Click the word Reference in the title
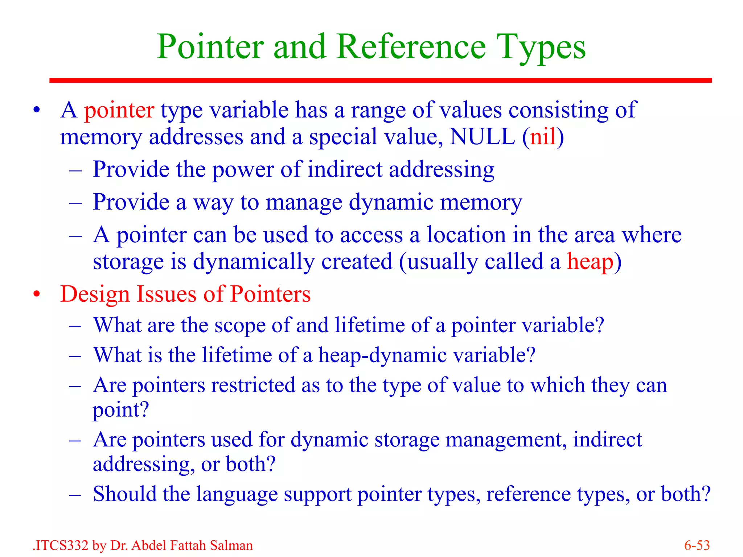pyautogui.click(x=411, y=47)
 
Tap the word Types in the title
pyautogui.click(x=541, y=47)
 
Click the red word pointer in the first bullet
pyautogui.click(x=119, y=110)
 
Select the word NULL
pyautogui.click(x=482, y=137)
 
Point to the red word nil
pyautogui.click(x=543, y=137)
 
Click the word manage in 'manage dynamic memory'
pyautogui.click(x=304, y=202)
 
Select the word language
pyautogui.click(x=237, y=494)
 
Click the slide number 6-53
pyautogui.click(x=697, y=545)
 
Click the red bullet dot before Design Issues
pyautogui.click(x=36, y=294)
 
